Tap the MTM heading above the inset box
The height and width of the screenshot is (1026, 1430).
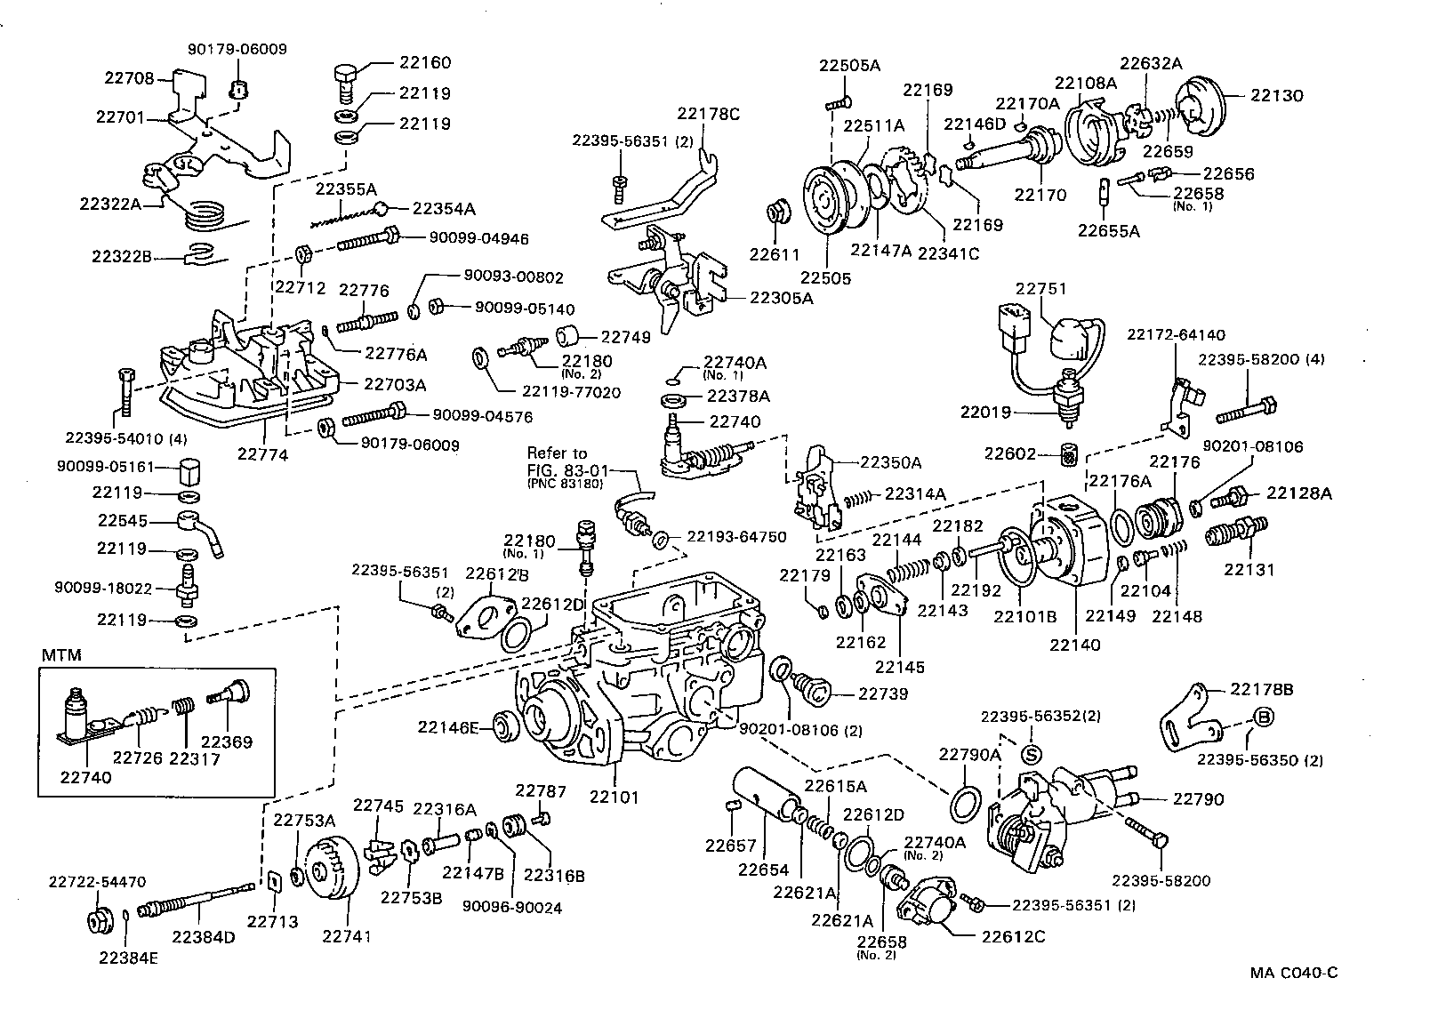61,655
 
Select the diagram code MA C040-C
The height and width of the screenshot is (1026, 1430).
1293,972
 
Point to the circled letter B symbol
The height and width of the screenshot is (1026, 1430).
1263,718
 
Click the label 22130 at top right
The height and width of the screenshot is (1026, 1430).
1277,95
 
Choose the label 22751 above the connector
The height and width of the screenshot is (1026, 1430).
1041,289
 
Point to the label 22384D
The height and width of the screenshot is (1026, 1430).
204,937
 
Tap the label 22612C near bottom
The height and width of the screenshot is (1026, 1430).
1013,935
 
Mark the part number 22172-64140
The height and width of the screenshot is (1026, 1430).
1176,335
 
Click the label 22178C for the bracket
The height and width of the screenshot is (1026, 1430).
708,113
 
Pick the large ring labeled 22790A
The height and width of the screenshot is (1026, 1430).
968,805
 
